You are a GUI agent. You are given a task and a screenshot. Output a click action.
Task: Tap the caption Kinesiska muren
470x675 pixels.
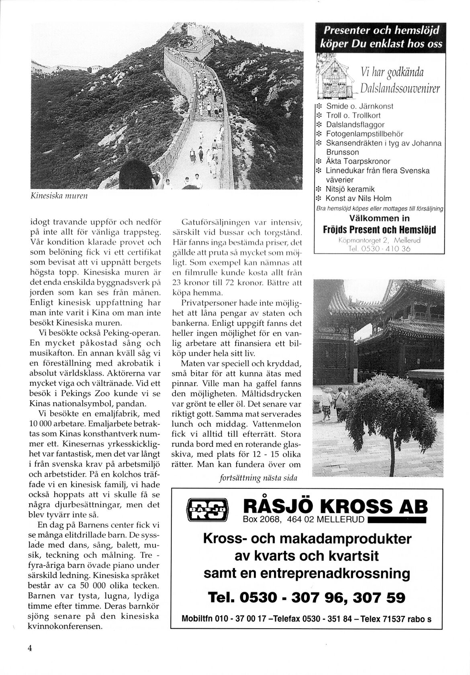click(x=59, y=196)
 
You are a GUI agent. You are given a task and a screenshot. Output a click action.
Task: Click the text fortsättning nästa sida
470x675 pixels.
click(x=258, y=478)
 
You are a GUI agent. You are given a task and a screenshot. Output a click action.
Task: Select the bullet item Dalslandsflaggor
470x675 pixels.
click(x=355, y=125)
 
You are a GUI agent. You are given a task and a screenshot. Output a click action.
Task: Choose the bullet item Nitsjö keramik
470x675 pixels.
click(x=350, y=189)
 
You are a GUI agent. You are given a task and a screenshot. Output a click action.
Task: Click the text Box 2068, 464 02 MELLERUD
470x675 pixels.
click(x=304, y=519)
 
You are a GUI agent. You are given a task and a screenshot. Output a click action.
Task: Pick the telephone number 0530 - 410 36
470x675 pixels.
click(x=380, y=249)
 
